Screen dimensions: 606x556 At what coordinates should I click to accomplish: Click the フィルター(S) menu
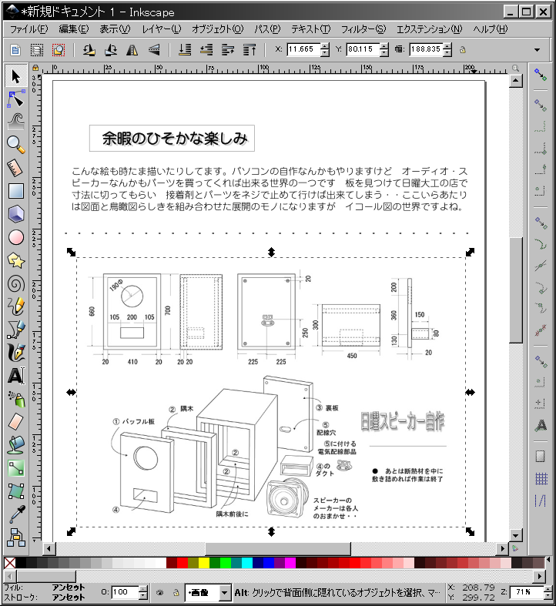(363, 29)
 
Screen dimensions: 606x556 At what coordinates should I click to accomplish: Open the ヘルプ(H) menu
(491, 29)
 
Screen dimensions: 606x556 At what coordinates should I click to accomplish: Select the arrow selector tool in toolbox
(15, 75)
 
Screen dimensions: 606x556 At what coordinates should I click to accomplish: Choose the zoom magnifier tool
(15, 143)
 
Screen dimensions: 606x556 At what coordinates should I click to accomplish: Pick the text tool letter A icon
(15, 376)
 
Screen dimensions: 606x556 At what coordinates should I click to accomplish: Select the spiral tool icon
(15, 283)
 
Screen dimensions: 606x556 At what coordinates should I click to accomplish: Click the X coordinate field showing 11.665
(300, 49)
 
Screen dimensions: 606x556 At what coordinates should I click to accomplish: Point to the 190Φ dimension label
(116, 286)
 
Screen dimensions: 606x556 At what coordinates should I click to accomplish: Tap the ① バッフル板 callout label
(134, 422)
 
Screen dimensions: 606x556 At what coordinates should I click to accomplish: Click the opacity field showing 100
(122, 592)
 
